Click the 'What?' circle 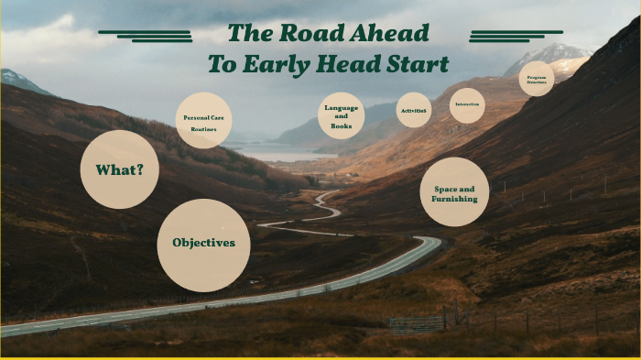[120, 169]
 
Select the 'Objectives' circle [203, 245]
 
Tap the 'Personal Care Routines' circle [203, 121]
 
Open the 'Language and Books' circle [341, 116]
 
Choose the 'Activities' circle [413, 110]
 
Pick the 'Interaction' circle [467, 105]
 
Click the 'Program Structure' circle [537, 79]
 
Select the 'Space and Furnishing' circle [454, 192]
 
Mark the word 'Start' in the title [418, 64]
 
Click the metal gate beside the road [416, 322]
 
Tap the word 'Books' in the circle [341, 125]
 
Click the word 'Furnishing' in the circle [455, 199]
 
